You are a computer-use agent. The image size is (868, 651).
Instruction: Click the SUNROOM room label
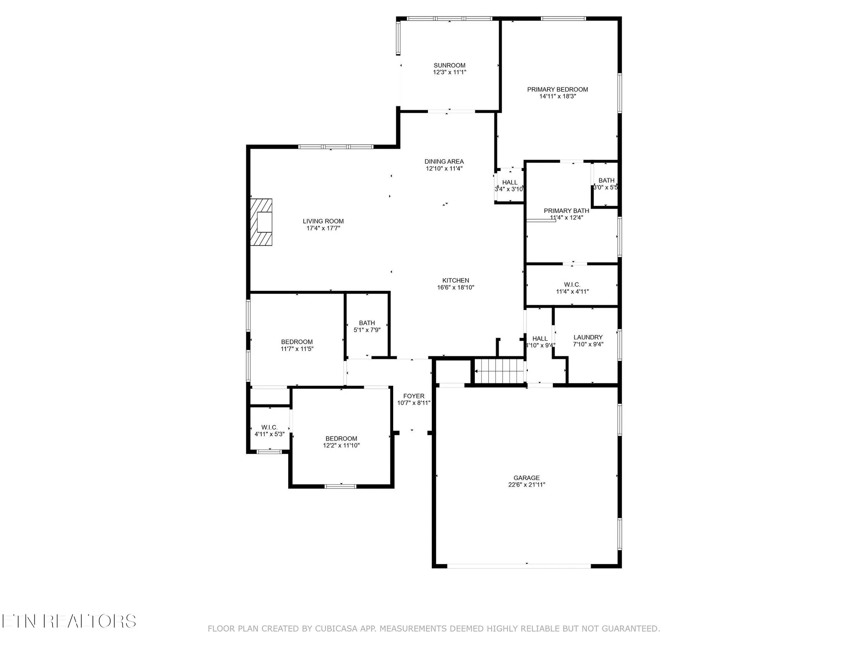[449, 66]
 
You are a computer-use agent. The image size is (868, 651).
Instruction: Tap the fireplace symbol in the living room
[261, 223]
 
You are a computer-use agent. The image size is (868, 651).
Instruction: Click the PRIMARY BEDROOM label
[557, 89]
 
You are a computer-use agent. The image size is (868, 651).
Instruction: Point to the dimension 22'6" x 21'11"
[526, 485]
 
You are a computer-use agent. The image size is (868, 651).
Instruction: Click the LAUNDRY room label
[588, 337]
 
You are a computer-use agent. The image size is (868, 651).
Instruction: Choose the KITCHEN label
[455, 280]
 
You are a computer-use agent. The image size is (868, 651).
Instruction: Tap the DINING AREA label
[444, 161]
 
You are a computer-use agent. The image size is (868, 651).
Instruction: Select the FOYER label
[414, 396]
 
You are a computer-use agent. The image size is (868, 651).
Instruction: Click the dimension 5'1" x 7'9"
[367, 330]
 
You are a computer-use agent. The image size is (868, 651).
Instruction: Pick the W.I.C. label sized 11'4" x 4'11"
[572, 285]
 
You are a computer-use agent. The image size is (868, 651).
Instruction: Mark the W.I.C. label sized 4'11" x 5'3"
[269, 427]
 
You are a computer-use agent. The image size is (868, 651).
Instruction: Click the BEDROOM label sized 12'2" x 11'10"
[341, 438]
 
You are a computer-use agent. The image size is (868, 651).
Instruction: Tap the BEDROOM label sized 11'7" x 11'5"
[296, 342]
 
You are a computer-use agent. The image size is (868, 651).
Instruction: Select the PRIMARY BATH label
[566, 211]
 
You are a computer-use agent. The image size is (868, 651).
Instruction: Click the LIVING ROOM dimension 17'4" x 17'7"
[323, 228]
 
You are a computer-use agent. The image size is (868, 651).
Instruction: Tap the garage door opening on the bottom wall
[519, 566]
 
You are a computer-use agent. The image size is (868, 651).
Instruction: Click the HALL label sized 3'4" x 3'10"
[510, 182]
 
